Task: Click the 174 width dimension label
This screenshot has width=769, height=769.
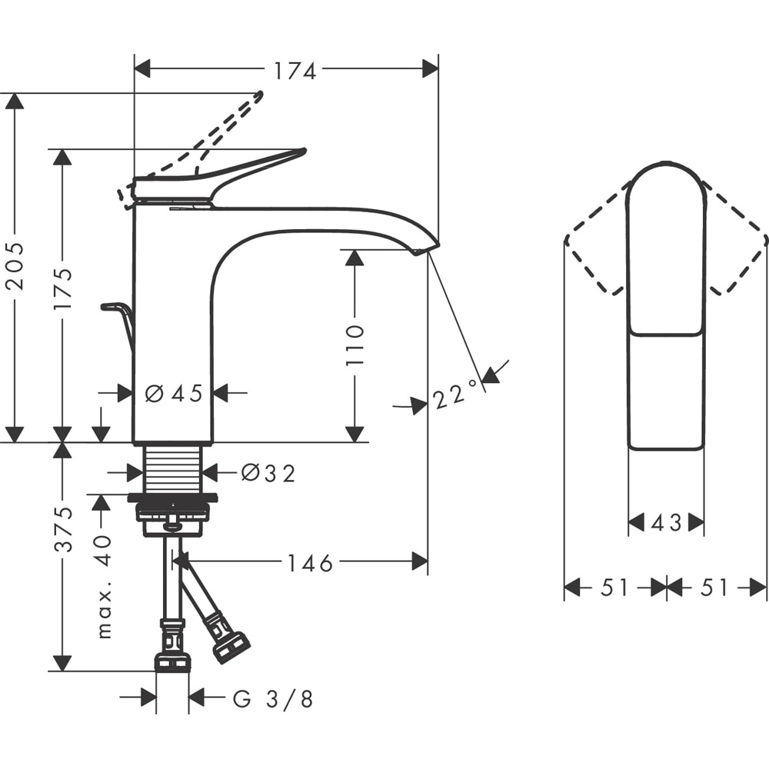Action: coord(295,71)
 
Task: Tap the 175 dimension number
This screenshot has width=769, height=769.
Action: coord(64,288)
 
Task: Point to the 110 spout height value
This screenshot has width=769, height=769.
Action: coord(355,345)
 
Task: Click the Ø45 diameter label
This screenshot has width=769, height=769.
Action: coord(174,394)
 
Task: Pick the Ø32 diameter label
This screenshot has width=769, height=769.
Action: coord(268,473)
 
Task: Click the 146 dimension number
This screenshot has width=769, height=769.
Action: coord(311,564)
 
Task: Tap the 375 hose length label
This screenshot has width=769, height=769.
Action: coord(64,529)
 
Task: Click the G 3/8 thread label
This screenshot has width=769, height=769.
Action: coord(273,699)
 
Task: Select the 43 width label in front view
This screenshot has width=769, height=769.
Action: coord(666,524)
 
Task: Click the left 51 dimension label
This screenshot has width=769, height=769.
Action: coord(615,588)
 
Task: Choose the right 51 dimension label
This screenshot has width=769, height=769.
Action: coord(714,588)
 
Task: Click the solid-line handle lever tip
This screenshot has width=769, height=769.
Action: coord(301,151)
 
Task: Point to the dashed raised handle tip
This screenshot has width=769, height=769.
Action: coord(258,95)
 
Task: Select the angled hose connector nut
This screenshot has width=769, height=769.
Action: coord(230,645)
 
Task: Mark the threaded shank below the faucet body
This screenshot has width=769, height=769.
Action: coord(173,468)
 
